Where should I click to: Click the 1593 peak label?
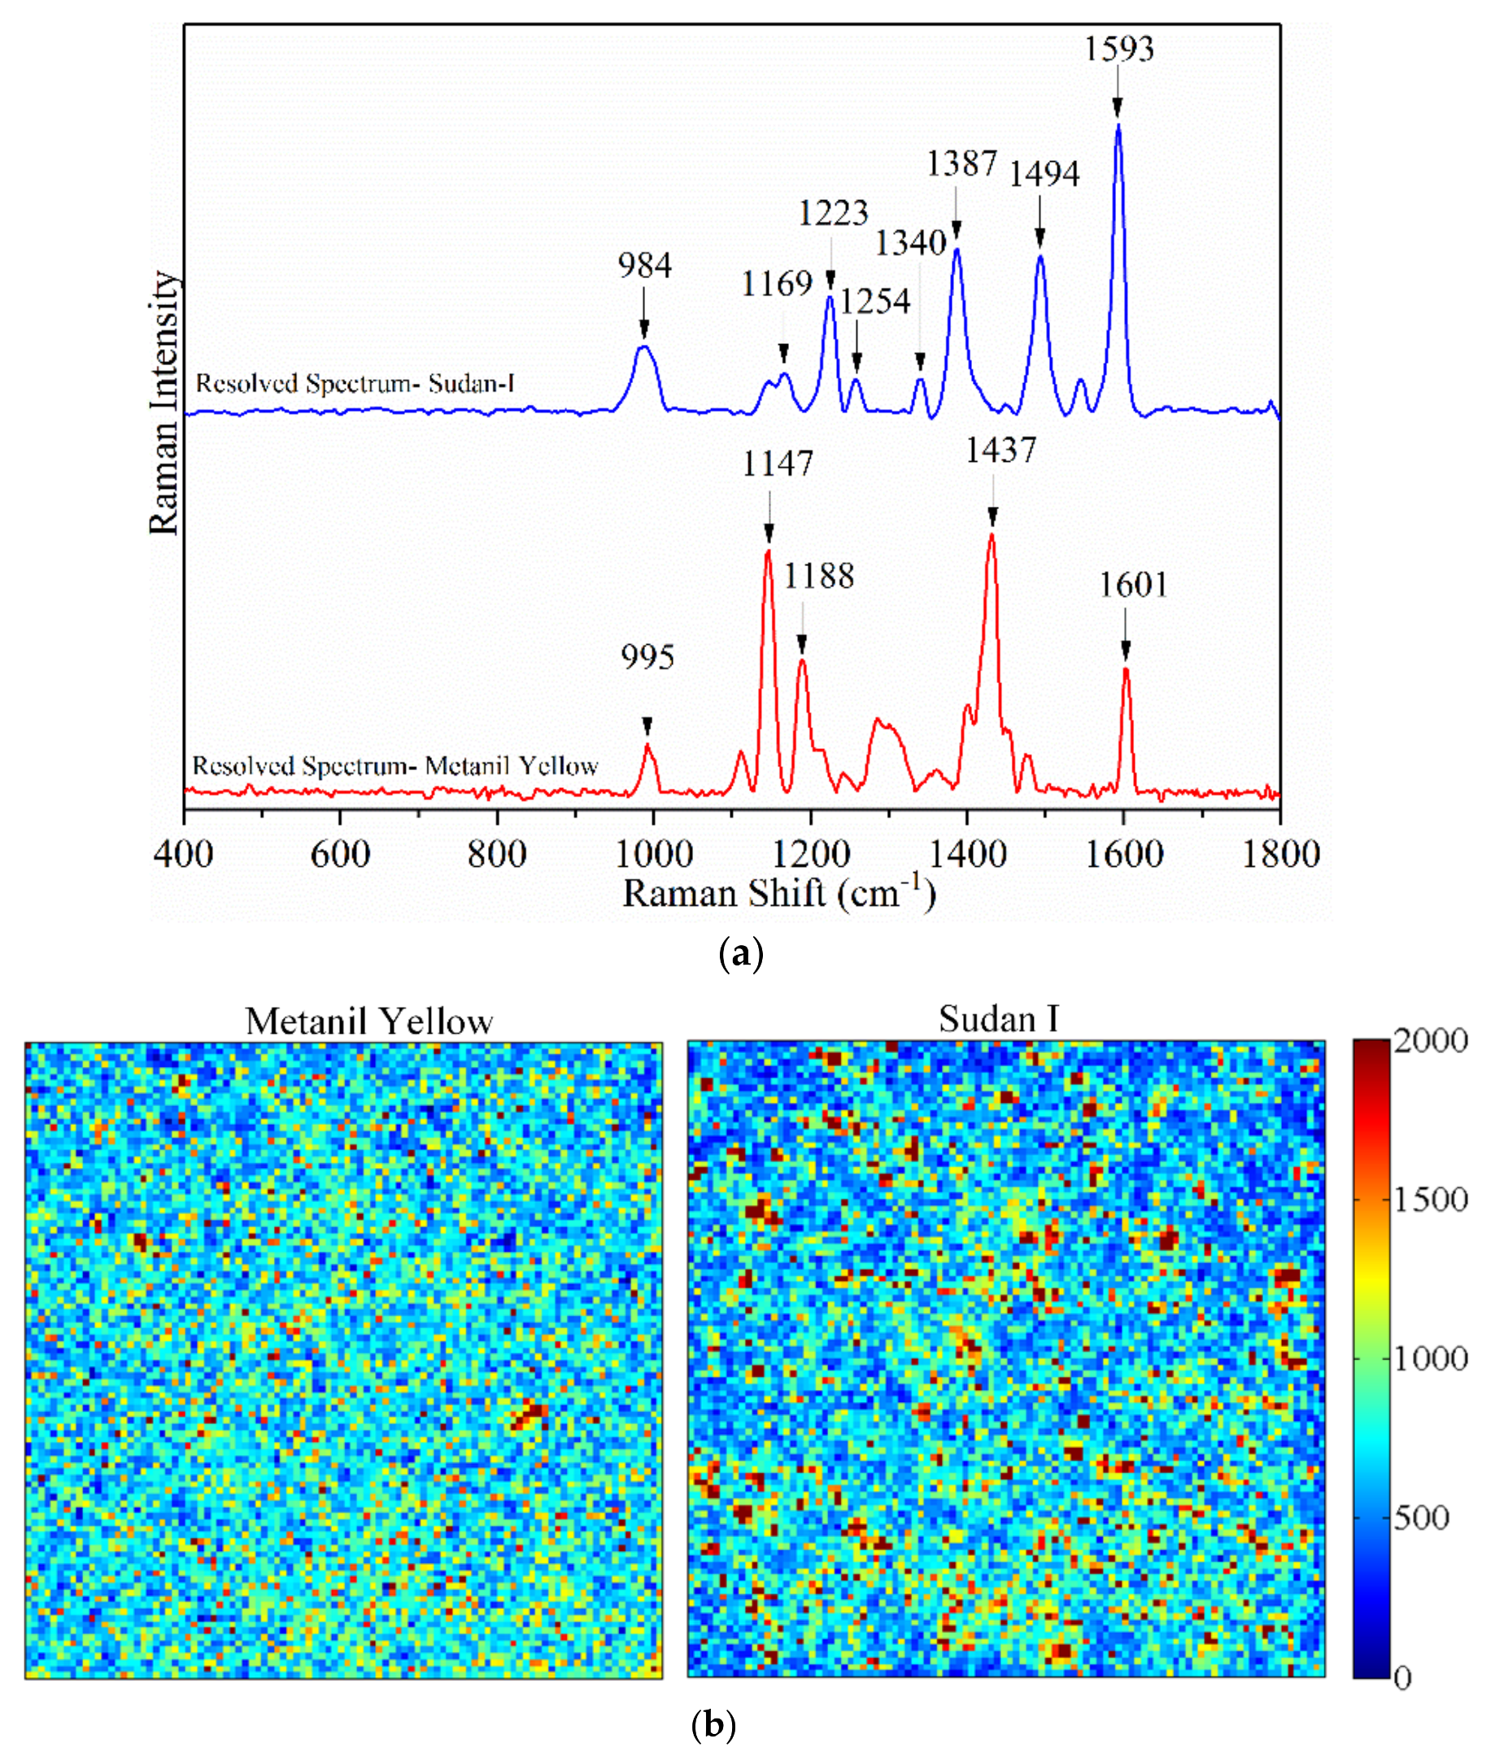pyautogui.click(x=1118, y=49)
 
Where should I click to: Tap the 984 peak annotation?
pyautogui.click(x=644, y=266)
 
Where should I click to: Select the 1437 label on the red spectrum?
pyautogui.click(x=1001, y=451)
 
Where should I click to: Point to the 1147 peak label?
pyautogui.click(x=777, y=464)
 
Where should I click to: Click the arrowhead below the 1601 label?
pyautogui.click(x=1126, y=650)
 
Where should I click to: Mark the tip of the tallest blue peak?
pyautogui.click(x=1118, y=125)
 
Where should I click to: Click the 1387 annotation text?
pyautogui.click(x=961, y=163)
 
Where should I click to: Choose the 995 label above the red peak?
pyautogui.click(x=647, y=658)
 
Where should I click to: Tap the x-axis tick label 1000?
pyautogui.click(x=653, y=854)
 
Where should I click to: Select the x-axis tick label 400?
pyautogui.click(x=184, y=854)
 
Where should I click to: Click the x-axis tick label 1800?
pyautogui.click(x=1280, y=854)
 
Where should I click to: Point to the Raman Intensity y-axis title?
pyautogui.click(x=163, y=403)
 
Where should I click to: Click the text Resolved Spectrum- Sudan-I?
pyautogui.click(x=355, y=384)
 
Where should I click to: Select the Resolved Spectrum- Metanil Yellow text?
pyautogui.click(x=396, y=766)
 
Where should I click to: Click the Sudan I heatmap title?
pyautogui.click(x=998, y=1019)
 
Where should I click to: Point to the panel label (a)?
pyautogui.click(x=741, y=954)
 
